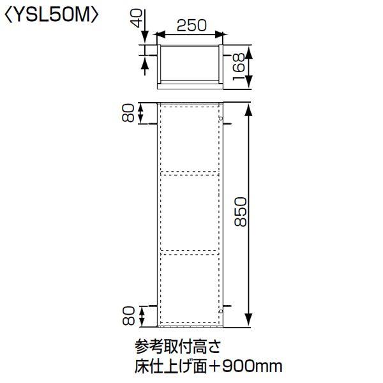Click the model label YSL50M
tap(52, 14)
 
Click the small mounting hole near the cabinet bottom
tap(220, 310)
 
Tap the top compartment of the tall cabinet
tap(190, 139)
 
